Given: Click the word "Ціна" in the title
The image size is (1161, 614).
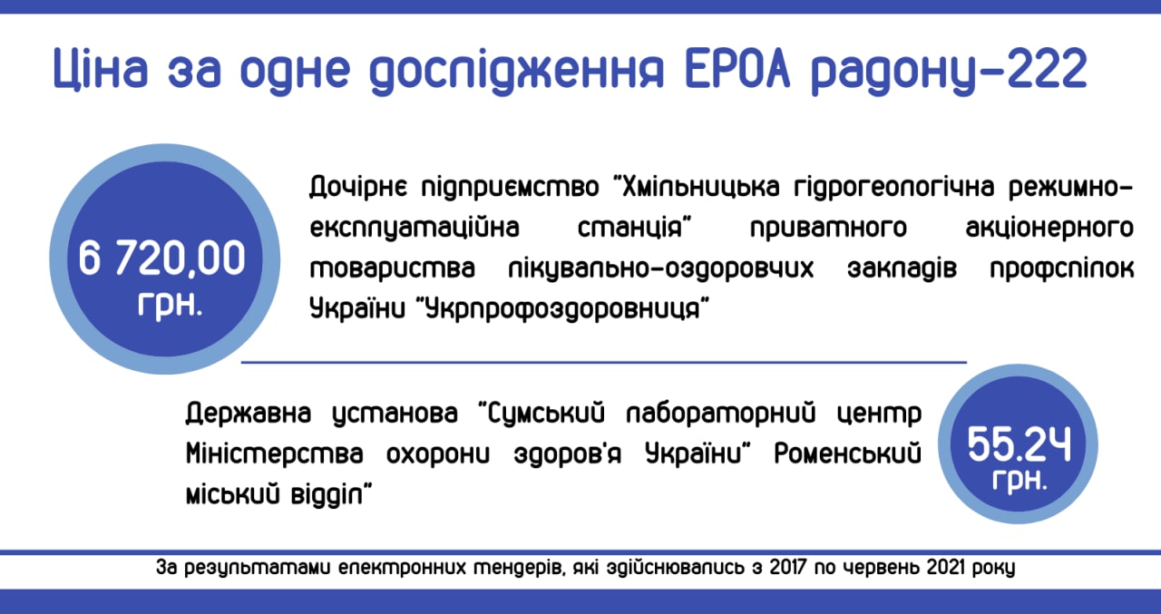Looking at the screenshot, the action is tap(101, 70).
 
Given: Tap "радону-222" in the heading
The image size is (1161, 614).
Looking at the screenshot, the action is tap(949, 72).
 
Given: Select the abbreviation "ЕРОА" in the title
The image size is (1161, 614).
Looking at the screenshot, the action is tap(737, 68).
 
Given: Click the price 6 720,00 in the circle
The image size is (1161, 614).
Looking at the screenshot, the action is tap(161, 258).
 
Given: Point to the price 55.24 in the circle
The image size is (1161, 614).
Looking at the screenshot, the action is tap(1019, 444).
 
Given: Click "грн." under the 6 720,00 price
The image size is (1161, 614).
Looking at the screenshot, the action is tap(170, 306).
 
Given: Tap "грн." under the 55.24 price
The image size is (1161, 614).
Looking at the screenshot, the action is tap(1020, 481).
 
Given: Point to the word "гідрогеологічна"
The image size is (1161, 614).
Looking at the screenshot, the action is tap(894, 188).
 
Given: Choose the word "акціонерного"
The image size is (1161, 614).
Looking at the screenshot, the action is tap(1049, 229).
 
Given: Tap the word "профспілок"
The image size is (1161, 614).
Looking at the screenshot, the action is tap(1062, 270).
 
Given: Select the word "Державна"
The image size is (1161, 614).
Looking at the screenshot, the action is tap(249, 414).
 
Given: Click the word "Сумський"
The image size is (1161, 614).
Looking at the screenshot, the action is tap(547, 414).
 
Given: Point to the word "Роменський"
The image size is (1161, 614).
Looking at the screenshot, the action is tap(848, 453).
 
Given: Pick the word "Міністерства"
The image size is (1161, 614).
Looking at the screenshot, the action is tap(275, 453).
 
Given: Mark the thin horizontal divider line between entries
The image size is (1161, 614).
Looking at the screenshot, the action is tap(604, 362).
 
